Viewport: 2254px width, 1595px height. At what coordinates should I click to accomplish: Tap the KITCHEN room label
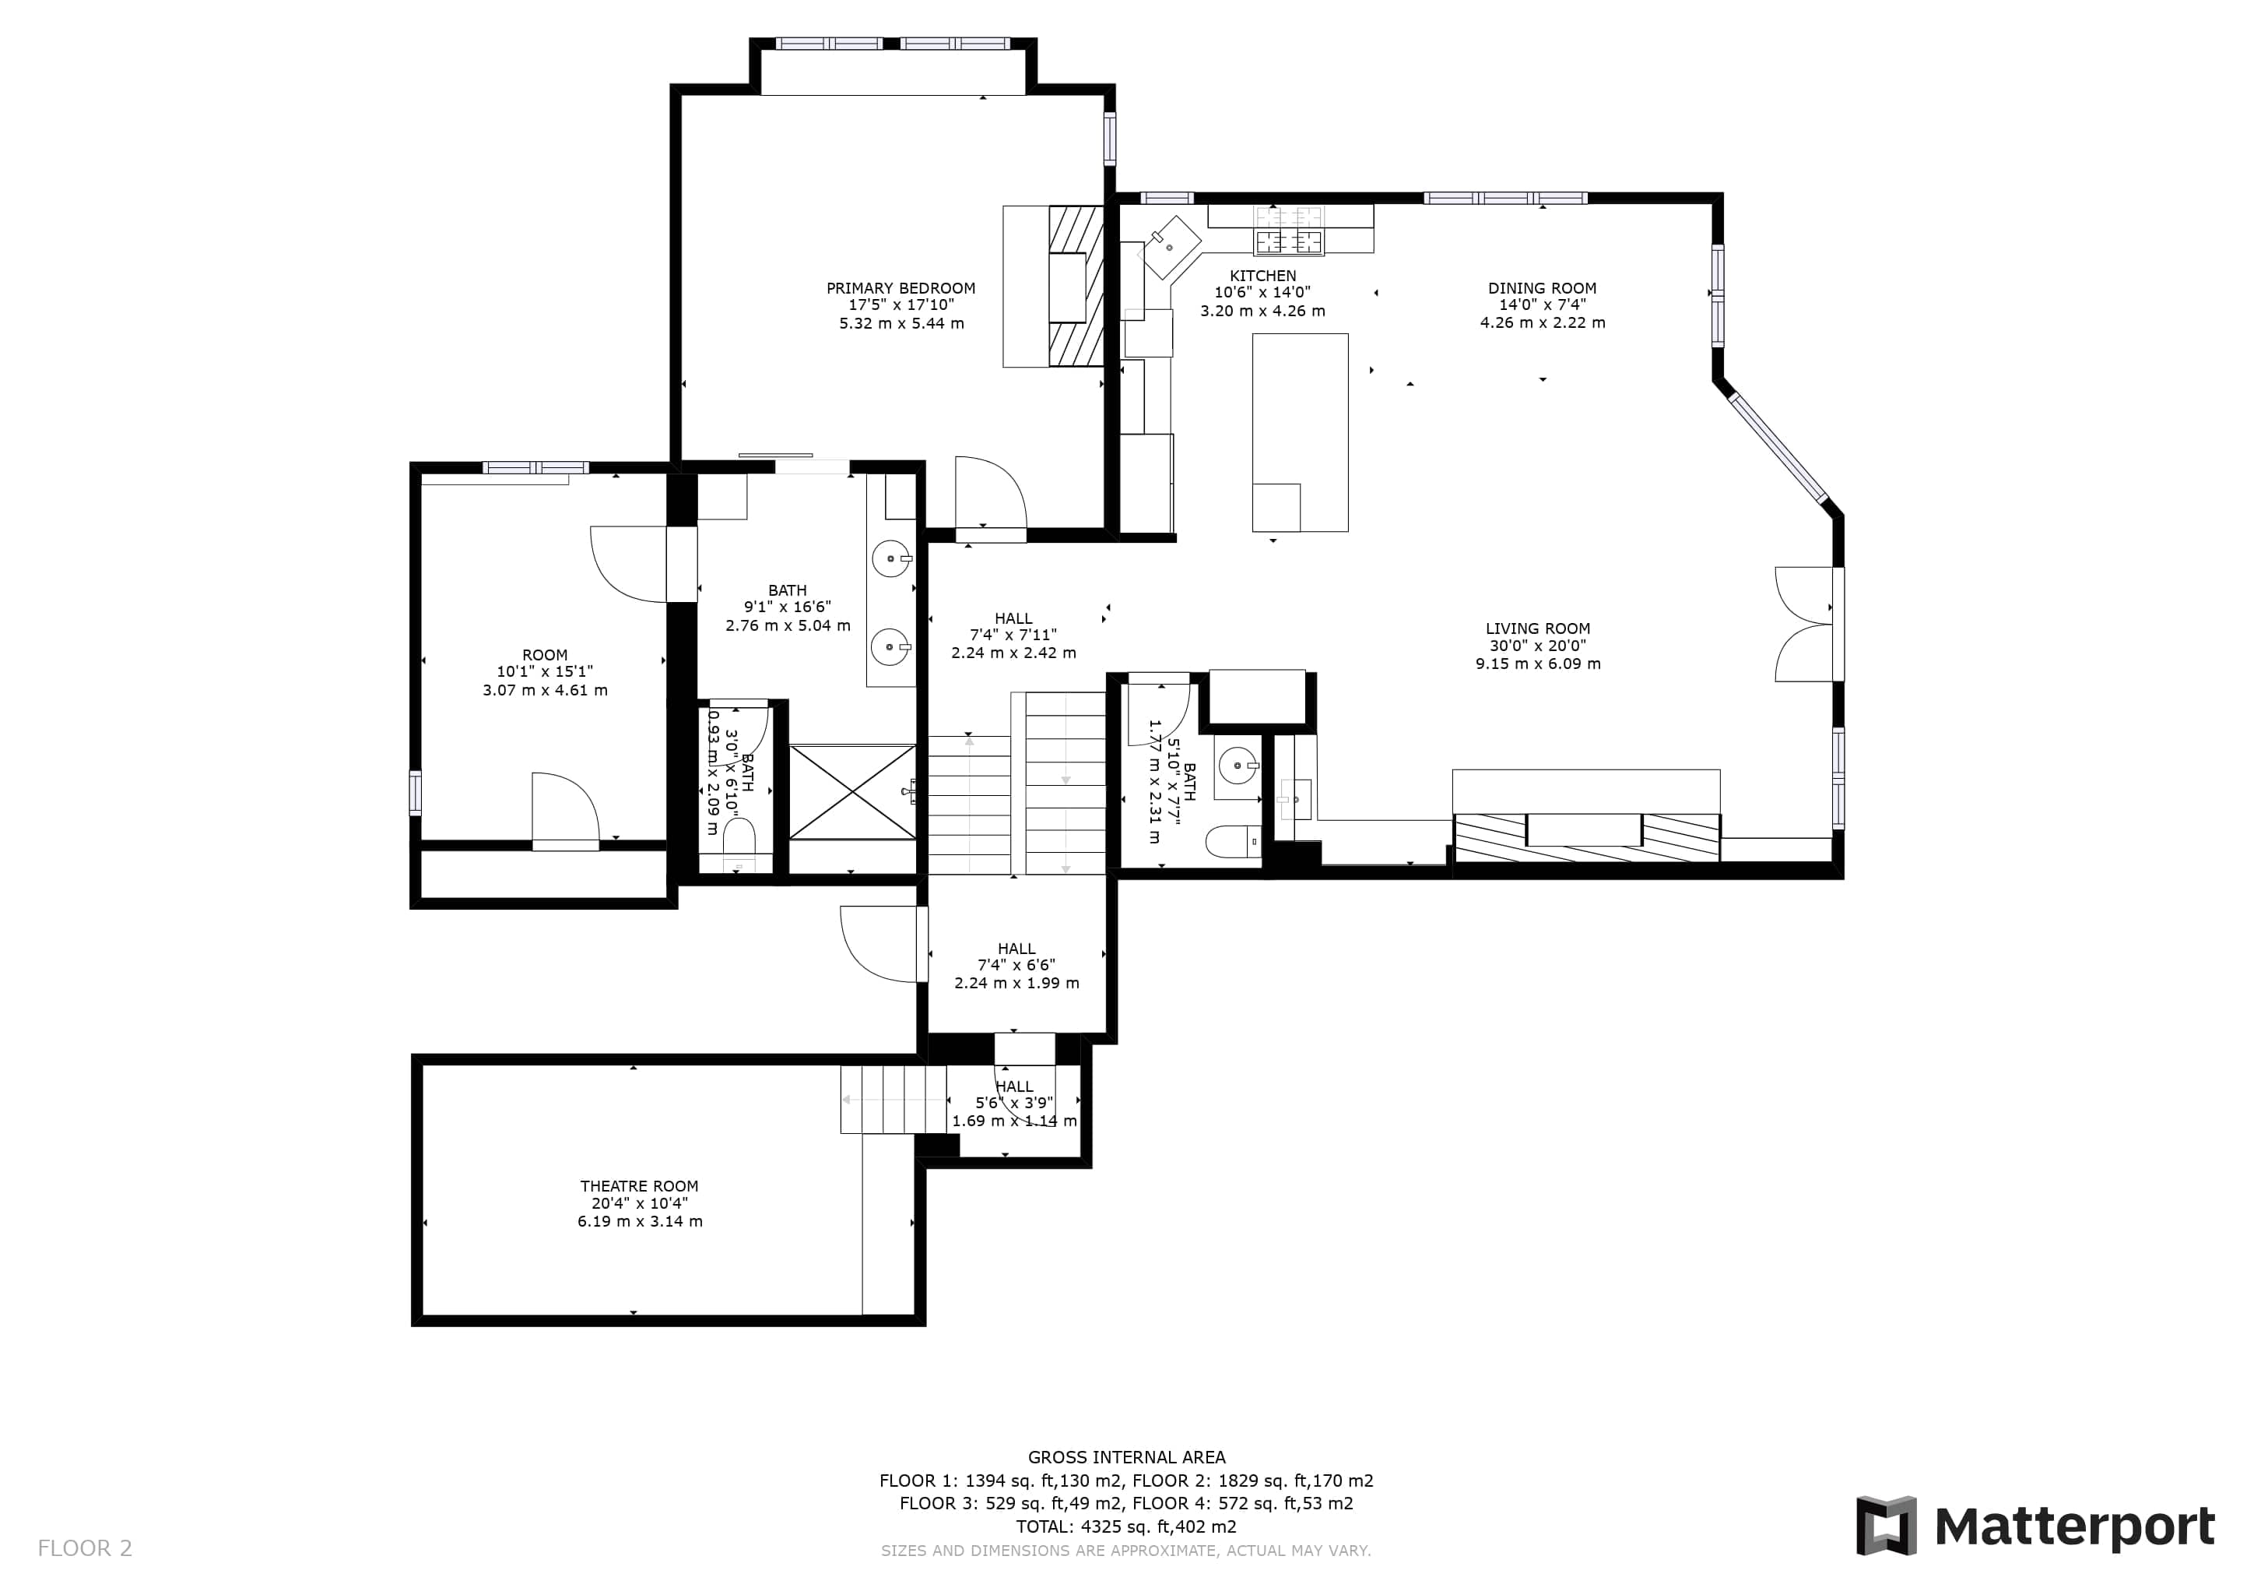pyautogui.click(x=1262, y=276)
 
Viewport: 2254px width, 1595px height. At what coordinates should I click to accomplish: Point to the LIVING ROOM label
pyautogui.click(x=1537, y=628)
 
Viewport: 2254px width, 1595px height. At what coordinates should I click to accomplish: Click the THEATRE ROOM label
pyautogui.click(x=639, y=1186)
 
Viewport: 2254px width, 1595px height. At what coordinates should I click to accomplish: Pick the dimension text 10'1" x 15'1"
pyautogui.click(x=544, y=672)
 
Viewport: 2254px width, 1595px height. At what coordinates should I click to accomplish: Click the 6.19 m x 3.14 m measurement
pyautogui.click(x=639, y=1222)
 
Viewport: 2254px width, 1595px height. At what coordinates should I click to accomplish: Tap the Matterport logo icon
pyautogui.click(x=1886, y=1526)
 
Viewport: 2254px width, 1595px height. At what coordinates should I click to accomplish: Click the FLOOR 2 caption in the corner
pyautogui.click(x=84, y=1549)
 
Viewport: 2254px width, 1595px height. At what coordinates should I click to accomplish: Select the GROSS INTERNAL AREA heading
pyautogui.click(x=1126, y=1457)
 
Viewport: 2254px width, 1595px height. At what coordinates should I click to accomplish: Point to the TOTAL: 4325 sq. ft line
pyautogui.click(x=1126, y=1527)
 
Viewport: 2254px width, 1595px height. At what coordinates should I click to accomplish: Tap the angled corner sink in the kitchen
pyautogui.click(x=1168, y=247)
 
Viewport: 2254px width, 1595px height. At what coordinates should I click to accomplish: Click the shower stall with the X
pyautogui.click(x=852, y=793)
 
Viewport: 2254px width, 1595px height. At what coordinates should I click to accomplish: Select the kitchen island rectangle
pyautogui.click(x=1300, y=432)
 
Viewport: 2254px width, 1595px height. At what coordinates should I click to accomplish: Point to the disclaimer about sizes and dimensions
pyautogui.click(x=1126, y=1551)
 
